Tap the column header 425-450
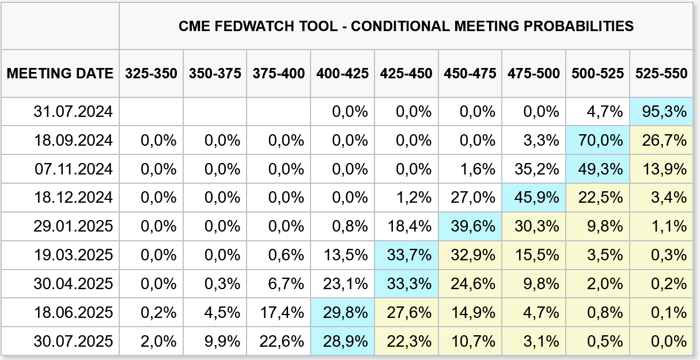pos(406,73)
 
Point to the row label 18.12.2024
pos(73,198)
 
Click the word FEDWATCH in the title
pos(254,26)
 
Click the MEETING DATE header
pos(60,73)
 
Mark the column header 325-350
pos(152,73)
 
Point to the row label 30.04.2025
pos(73,284)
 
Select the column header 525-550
pos(661,73)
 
